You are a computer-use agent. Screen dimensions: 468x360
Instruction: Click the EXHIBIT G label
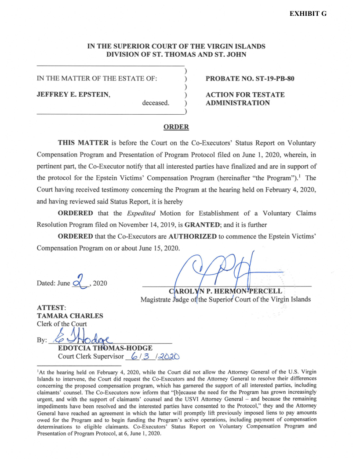point(308,14)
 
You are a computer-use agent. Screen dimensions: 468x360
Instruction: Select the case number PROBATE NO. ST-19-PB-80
point(250,79)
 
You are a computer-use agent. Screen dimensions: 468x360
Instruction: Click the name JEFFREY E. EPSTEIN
point(73,95)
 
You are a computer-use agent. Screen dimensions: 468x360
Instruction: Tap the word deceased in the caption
point(156,103)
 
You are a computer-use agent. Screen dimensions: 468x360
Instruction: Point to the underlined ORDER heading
point(176,127)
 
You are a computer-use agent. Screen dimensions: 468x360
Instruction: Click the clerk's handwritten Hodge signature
point(81,337)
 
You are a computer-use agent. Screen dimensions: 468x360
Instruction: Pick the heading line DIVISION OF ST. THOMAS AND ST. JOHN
point(176,54)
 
